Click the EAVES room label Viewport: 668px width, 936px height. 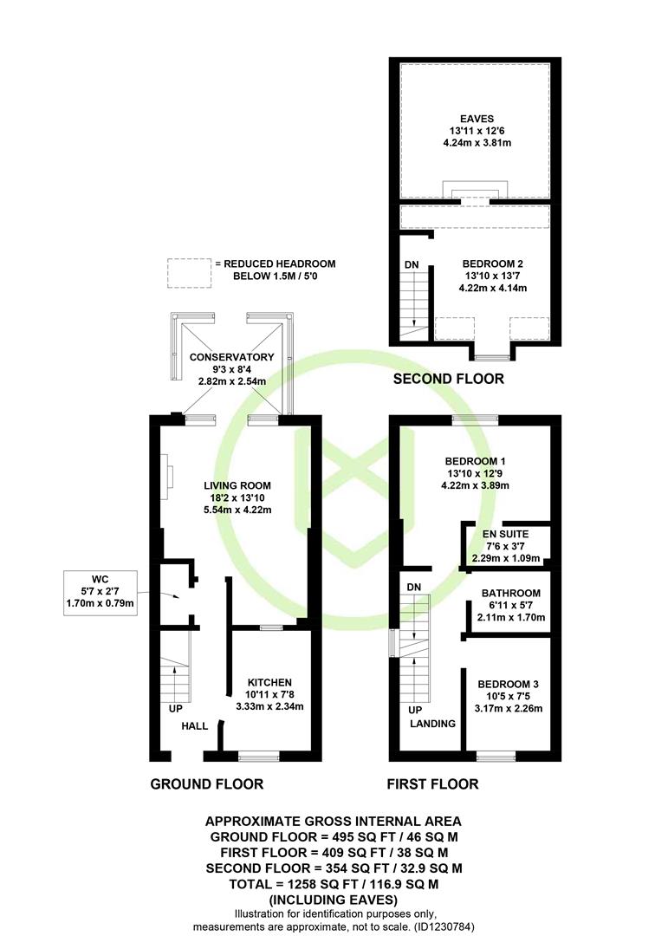[x=477, y=119]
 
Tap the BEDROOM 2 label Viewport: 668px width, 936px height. [x=493, y=263]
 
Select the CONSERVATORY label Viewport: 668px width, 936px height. [x=231, y=357]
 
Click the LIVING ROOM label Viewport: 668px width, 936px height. [x=237, y=486]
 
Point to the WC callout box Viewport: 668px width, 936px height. [x=101, y=594]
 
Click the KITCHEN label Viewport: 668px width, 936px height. [x=269, y=682]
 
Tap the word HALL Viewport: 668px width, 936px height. [x=195, y=726]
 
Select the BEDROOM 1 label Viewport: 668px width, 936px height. [x=475, y=461]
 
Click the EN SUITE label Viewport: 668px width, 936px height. [x=506, y=534]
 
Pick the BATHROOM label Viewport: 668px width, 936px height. [x=511, y=594]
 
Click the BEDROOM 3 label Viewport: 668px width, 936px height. [x=508, y=684]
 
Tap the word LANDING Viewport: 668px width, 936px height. [x=432, y=724]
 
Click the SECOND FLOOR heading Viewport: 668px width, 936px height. [x=448, y=379]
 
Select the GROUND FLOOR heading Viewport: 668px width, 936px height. [x=206, y=784]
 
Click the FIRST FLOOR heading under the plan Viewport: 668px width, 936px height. [x=433, y=784]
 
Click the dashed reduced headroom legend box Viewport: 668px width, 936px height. [x=189, y=273]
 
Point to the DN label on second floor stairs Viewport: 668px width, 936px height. [x=412, y=264]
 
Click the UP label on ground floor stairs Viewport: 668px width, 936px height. [x=176, y=709]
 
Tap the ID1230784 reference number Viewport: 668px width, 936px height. [x=442, y=927]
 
